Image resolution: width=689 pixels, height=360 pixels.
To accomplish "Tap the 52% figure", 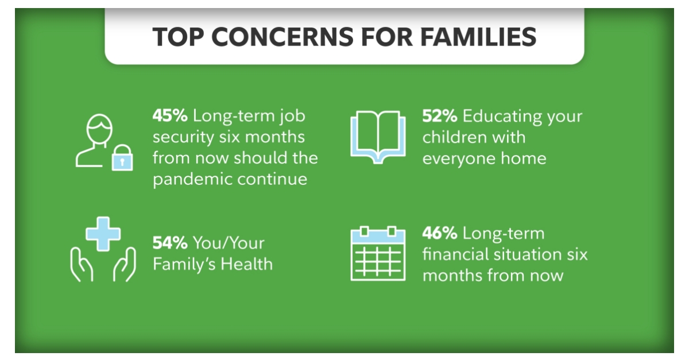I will click(x=440, y=116).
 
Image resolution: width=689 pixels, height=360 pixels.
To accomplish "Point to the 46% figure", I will click(x=440, y=234).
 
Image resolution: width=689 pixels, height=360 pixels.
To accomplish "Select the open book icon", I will click(x=378, y=136).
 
